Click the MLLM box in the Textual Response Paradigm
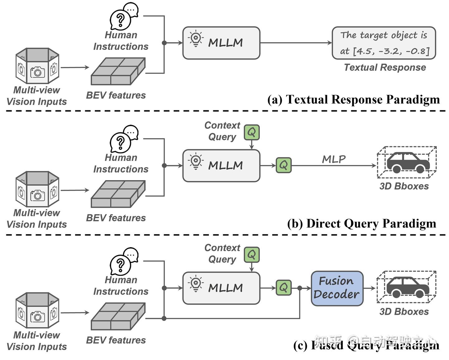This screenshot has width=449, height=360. click(x=221, y=43)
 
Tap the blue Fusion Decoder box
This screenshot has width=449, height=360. click(x=337, y=288)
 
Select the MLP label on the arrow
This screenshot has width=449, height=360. click(x=334, y=159)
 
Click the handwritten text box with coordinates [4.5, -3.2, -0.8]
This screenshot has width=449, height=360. click(x=384, y=43)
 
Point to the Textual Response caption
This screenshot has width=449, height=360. click(x=385, y=67)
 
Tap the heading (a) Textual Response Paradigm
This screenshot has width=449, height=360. click(x=354, y=99)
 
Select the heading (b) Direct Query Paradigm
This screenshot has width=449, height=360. click(x=361, y=223)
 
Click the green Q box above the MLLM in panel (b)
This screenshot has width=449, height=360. click(x=252, y=133)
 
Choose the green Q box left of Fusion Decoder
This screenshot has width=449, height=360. click(x=283, y=287)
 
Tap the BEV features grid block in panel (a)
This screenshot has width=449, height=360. click(x=118, y=71)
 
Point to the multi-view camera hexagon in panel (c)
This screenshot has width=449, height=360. click(x=37, y=310)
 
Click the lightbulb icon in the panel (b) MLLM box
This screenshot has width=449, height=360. click(x=196, y=162)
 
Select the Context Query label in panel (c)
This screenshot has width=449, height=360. click(x=222, y=253)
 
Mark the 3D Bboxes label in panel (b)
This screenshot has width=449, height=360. click(x=404, y=186)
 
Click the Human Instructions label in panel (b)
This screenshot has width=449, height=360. click(x=121, y=163)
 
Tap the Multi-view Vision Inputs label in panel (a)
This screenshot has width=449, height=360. click(x=37, y=96)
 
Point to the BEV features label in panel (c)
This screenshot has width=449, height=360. click(x=116, y=340)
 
